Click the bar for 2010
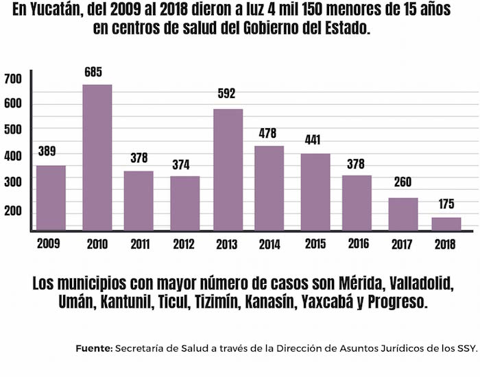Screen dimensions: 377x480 click(x=97, y=158)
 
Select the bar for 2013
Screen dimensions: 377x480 click(x=228, y=170)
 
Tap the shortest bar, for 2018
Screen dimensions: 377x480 click(x=446, y=224)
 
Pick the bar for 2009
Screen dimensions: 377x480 click(x=51, y=198)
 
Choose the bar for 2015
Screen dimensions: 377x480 click(x=315, y=192)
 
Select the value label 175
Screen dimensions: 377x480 click(x=446, y=204)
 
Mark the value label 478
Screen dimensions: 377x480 click(x=272, y=133)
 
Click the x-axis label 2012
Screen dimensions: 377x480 click(x=184, y=244)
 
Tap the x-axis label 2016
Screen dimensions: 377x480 click(x=358, y=244)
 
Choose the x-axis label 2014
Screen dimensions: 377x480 click(x=271, y=245)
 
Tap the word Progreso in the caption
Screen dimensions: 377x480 click(x=398, y=302)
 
